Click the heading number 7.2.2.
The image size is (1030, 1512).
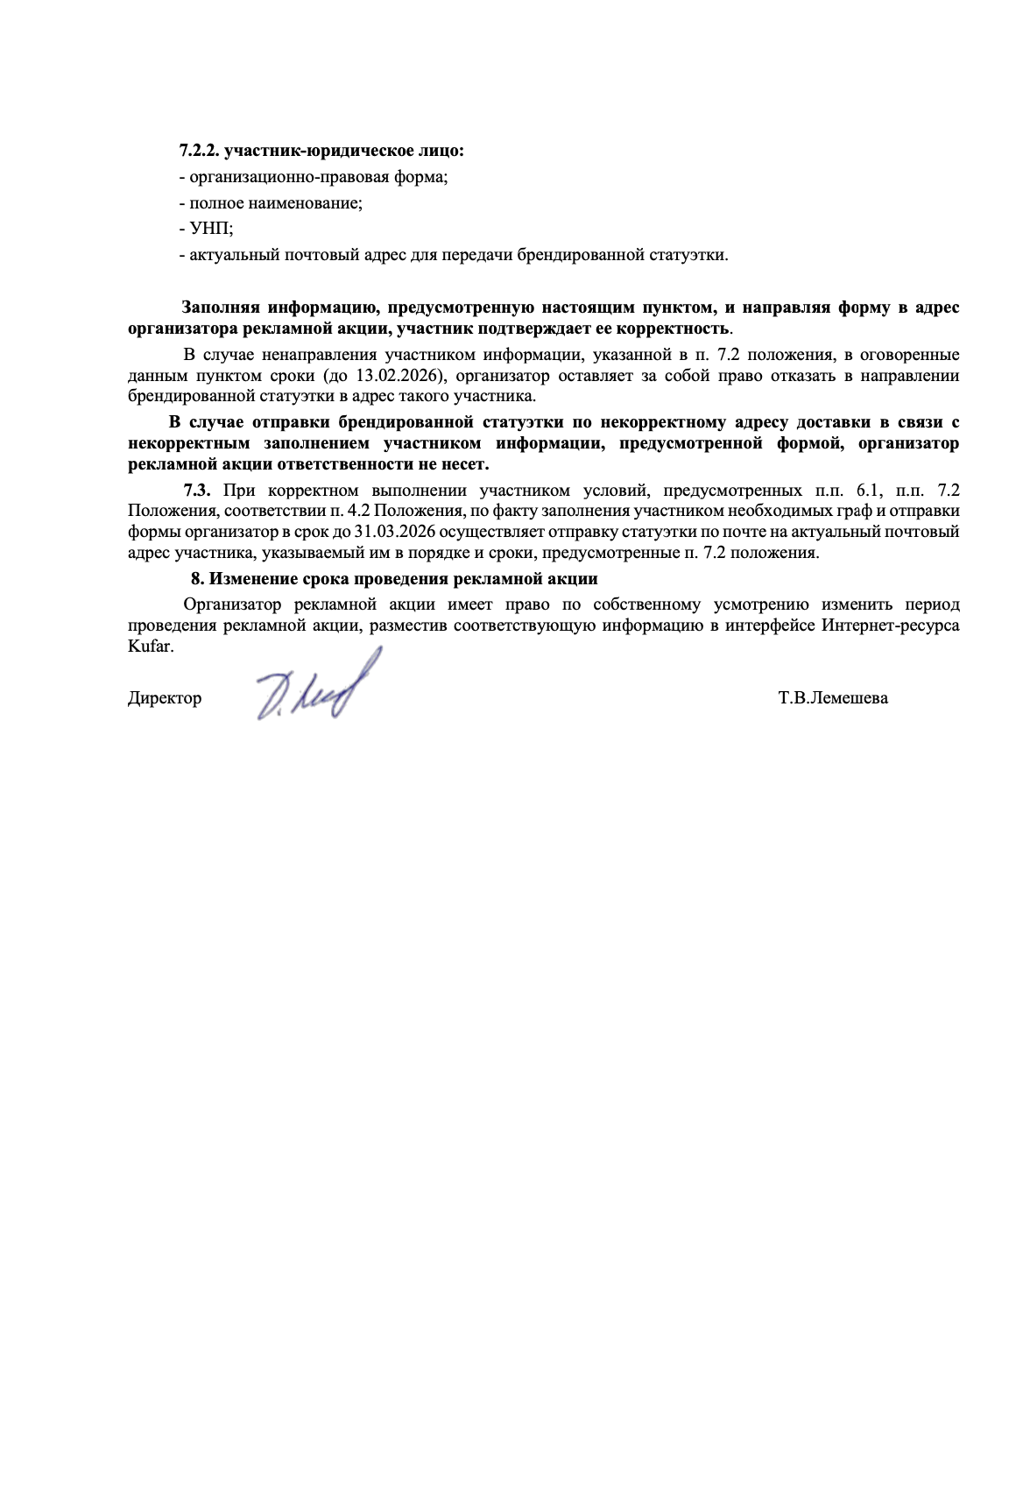[x=199, y=151]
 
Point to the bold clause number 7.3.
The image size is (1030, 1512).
[x=197, y=490]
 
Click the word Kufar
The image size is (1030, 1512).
[x=151, y=646]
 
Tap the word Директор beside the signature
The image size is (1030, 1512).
[x=165, y=698]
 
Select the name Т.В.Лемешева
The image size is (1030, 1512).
[x=832, y=698]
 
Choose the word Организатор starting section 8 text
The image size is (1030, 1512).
[x=232, y=604]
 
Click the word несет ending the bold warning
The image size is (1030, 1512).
[x=464, y=464]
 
